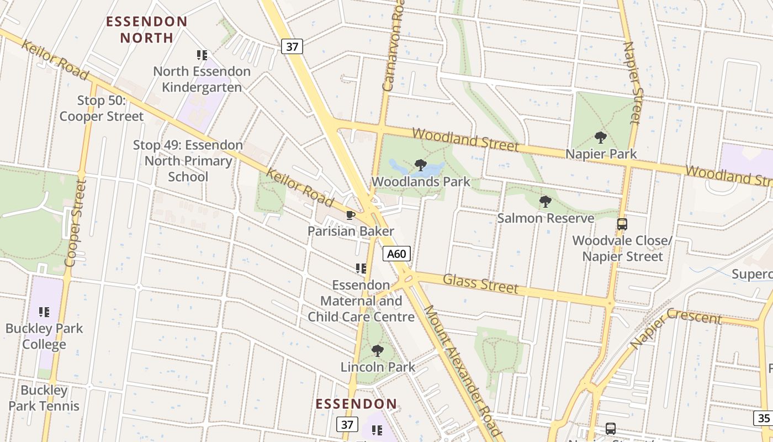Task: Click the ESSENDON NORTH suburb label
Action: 146,30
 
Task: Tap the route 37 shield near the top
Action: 292,46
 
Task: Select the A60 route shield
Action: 396,254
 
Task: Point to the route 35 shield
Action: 764,418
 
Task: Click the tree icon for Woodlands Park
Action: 420,165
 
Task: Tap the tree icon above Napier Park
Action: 601,138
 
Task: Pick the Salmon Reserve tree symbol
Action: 546,202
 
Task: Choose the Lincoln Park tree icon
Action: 378,351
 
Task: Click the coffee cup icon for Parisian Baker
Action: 350,215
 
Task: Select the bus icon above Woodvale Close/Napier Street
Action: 622,224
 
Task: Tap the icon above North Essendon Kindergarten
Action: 202,55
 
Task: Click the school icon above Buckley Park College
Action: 44,312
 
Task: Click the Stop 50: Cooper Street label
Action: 102,108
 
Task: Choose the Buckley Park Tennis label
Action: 44,398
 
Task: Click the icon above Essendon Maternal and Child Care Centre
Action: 361,269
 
